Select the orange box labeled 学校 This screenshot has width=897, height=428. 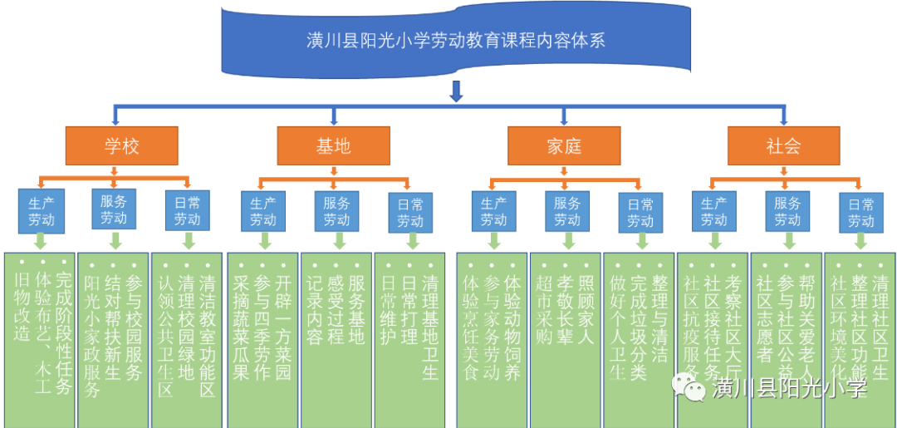pos(122,146)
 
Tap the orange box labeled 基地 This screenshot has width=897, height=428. pos(333,146)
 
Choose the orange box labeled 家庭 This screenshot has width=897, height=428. pos(564,146)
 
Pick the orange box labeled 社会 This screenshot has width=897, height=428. pos(783,146)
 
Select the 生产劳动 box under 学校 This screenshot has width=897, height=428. pos(42,211)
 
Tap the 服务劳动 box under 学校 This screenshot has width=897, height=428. pos(115,211)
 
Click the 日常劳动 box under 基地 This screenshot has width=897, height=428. pos(410,211)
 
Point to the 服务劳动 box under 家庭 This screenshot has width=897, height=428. pos(567,211)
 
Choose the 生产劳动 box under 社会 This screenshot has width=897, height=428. pos(714,211)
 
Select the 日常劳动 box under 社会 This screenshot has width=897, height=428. pos(861,211)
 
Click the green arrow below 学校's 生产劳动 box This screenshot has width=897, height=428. pos(42,242)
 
